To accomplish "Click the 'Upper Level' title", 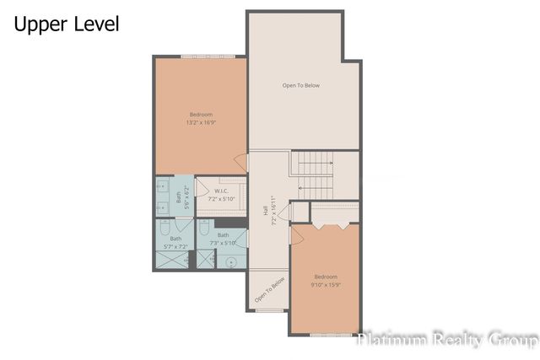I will coord(66,24).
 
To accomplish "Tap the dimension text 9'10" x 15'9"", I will coord(326,285).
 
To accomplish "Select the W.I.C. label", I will coord(222,191).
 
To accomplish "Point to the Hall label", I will coord(265,218).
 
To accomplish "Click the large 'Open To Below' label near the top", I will coord(301,85).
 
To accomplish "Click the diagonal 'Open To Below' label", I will coord(271,290).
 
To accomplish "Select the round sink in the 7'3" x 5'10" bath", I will coord(230,261).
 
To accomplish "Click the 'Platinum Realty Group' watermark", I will coord(447,340).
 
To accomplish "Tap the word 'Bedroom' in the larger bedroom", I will coord(201,115).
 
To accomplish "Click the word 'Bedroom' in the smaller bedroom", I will coord(326,277).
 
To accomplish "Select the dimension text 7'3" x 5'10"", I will coord(223,243).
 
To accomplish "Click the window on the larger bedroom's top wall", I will coord(201,56).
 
